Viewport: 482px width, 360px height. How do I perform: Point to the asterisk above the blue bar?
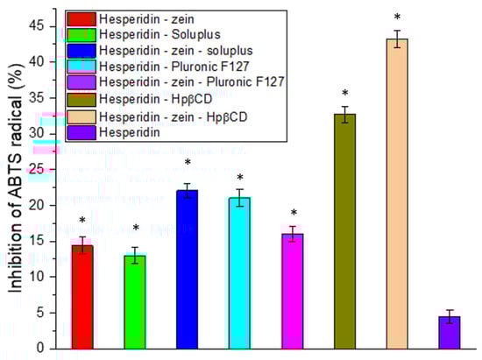pos(188,164)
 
